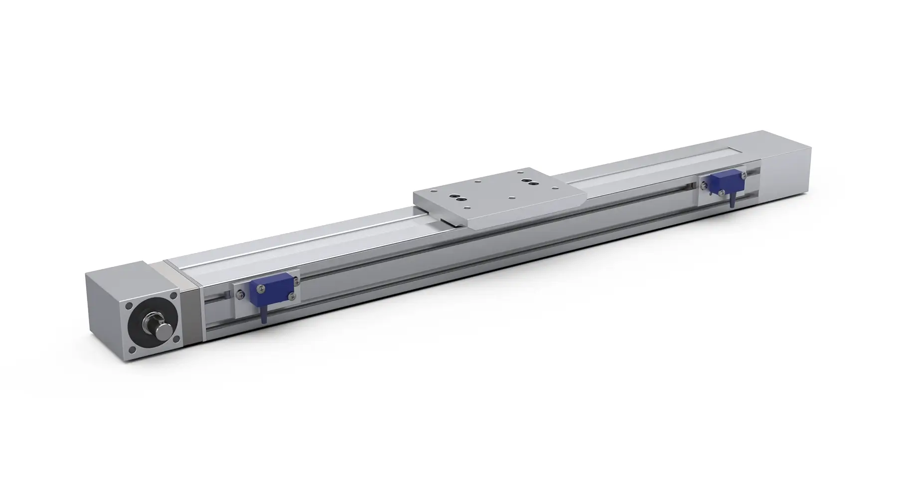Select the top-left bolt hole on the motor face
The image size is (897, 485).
click(x=129, y=306)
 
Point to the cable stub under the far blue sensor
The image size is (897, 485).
click(x=733, y=201)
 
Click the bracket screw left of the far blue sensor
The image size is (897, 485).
click(x=704, y=186)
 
